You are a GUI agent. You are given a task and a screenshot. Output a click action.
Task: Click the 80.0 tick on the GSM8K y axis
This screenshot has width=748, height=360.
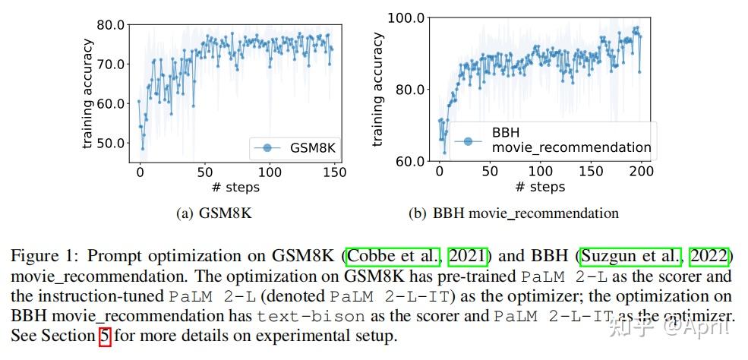[109, 24]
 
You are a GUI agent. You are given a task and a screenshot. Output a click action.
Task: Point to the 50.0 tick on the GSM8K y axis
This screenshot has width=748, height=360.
[109, 143]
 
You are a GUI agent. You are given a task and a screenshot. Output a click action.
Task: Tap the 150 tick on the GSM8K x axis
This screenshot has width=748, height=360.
[335, 172]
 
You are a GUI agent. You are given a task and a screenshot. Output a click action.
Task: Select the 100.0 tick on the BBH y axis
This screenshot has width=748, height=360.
[407, 17]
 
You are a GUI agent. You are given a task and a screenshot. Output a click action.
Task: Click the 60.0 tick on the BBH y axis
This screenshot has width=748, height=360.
[410, 161]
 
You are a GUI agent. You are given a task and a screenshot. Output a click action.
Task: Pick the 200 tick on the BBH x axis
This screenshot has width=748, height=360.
[641, 172]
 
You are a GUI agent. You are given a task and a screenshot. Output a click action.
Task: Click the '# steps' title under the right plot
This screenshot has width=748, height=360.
[540, 187]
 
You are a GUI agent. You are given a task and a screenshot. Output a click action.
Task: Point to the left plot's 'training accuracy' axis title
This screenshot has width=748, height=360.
[89, 92]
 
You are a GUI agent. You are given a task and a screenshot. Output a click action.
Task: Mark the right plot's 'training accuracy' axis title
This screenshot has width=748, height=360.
[378, 90]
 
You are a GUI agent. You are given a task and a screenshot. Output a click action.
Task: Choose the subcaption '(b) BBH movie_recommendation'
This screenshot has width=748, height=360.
[513, 213]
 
